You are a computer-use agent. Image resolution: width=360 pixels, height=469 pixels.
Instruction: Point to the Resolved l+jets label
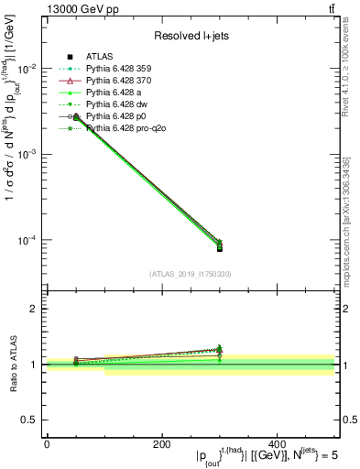point(191,36)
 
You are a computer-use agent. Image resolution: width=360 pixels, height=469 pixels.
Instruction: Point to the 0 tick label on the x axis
point(47,443)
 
